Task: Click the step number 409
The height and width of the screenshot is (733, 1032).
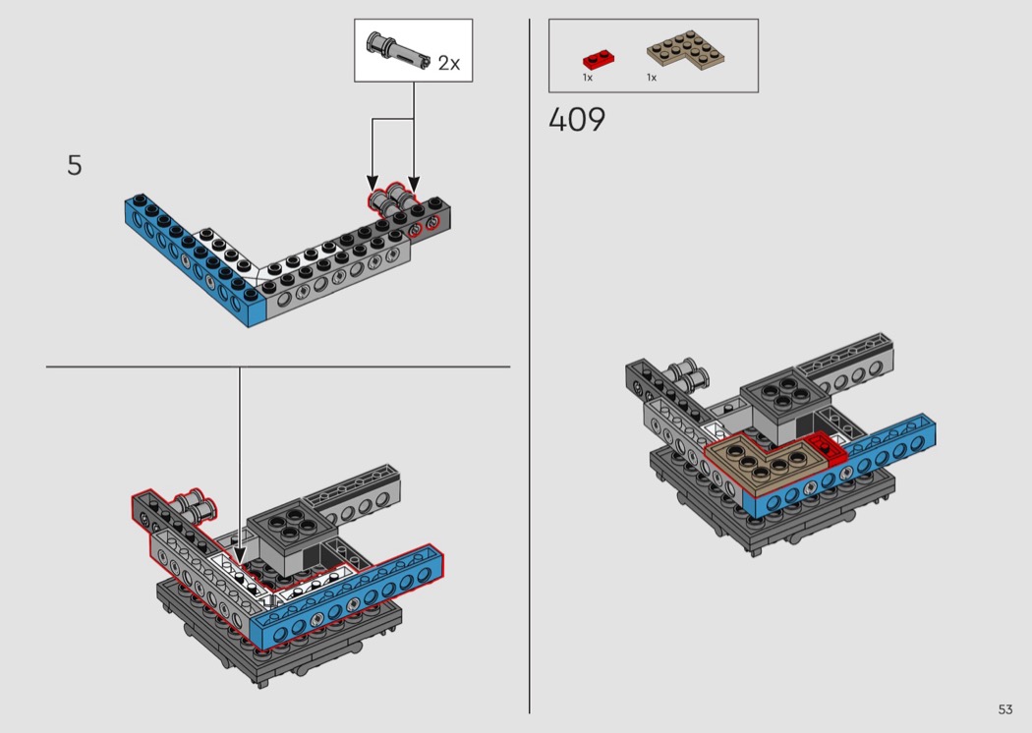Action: [x=577, y=120]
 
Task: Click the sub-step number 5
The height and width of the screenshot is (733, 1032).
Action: [x=75, y=165]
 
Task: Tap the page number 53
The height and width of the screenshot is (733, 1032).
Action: [x=1005, y=709]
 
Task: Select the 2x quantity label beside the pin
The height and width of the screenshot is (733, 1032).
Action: [x=449, y=63]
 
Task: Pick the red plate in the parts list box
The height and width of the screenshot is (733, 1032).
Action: [x=599, y=59]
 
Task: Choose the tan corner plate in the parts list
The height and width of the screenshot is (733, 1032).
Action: [x=685, y=49]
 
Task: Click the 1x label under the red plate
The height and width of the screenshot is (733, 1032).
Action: [x=588, y=78]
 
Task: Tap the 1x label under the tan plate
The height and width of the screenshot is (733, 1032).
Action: [x=652, y=78]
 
